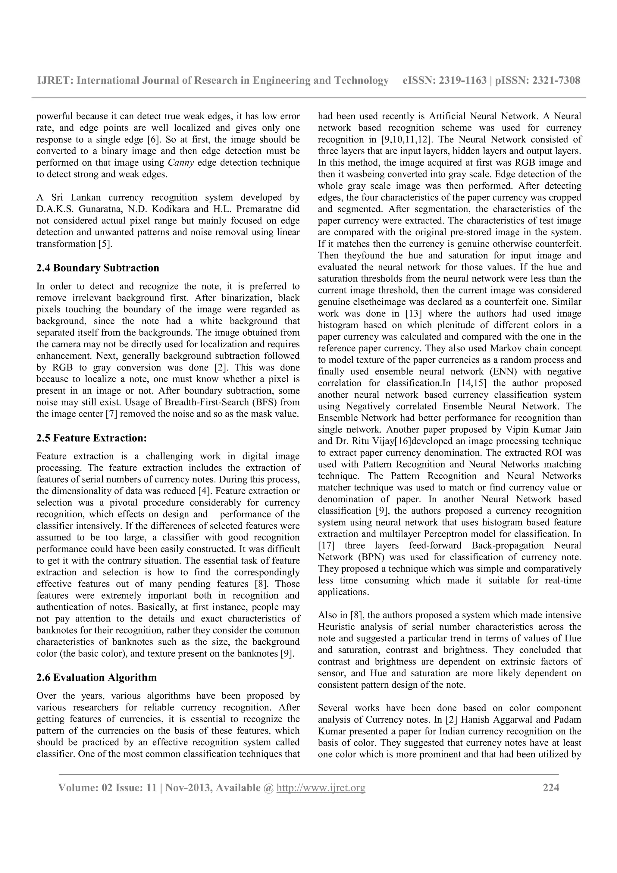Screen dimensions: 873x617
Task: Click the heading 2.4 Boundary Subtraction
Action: point(98,268)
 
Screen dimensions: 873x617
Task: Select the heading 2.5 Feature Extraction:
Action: point(92,438)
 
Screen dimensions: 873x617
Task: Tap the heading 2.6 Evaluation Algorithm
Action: point(97,677)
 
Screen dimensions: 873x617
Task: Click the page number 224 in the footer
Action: point(551,787)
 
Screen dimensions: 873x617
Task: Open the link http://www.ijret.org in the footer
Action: point(321,788)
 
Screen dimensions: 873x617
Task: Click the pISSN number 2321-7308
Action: point(556,81)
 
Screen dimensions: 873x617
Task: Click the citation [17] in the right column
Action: point(326,546)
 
